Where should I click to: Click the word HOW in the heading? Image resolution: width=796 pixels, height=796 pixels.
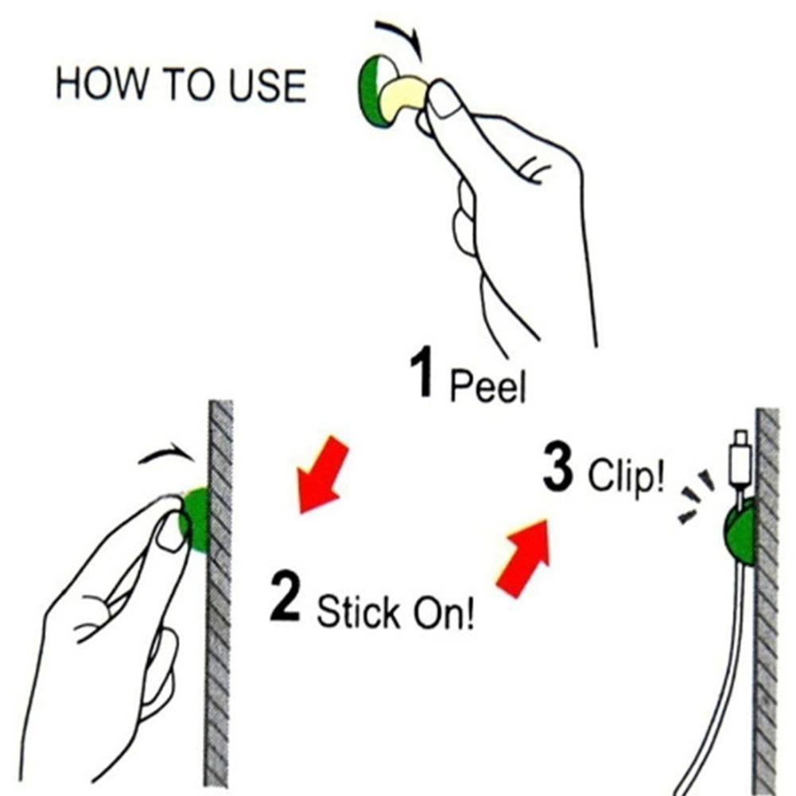pos(101,84)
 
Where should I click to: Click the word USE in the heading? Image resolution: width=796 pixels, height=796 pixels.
pos(267,85)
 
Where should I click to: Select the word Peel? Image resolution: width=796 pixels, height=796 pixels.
pos(487,386)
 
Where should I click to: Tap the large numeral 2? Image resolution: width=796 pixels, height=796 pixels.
pos(285,595)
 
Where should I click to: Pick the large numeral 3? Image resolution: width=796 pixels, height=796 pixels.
pos(557,467)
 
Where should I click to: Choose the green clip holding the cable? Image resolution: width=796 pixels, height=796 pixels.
pos(739,533)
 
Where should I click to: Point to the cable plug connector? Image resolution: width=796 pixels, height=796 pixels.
pos(740,457)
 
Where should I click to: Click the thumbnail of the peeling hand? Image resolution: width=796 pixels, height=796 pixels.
pos(445,101)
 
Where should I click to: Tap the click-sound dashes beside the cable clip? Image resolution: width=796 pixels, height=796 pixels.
pos(697,497)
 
